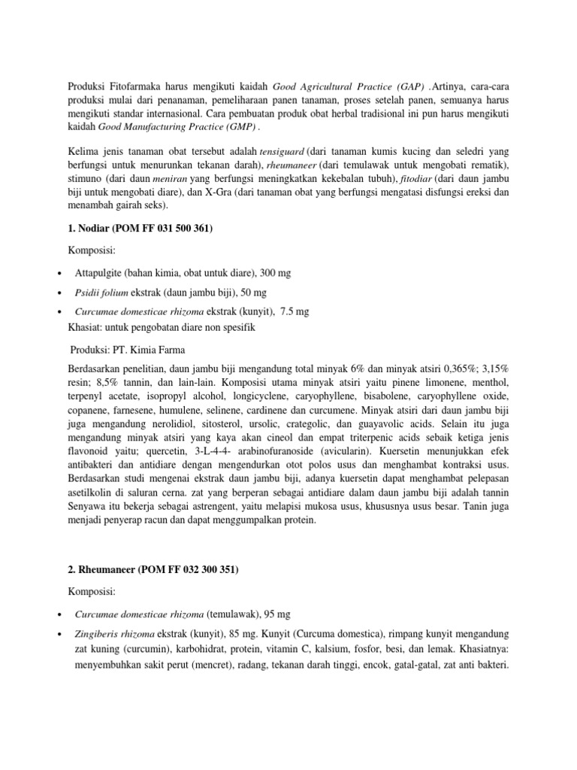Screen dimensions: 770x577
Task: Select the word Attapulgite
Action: pyautogui.click(x=100, y=272)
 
